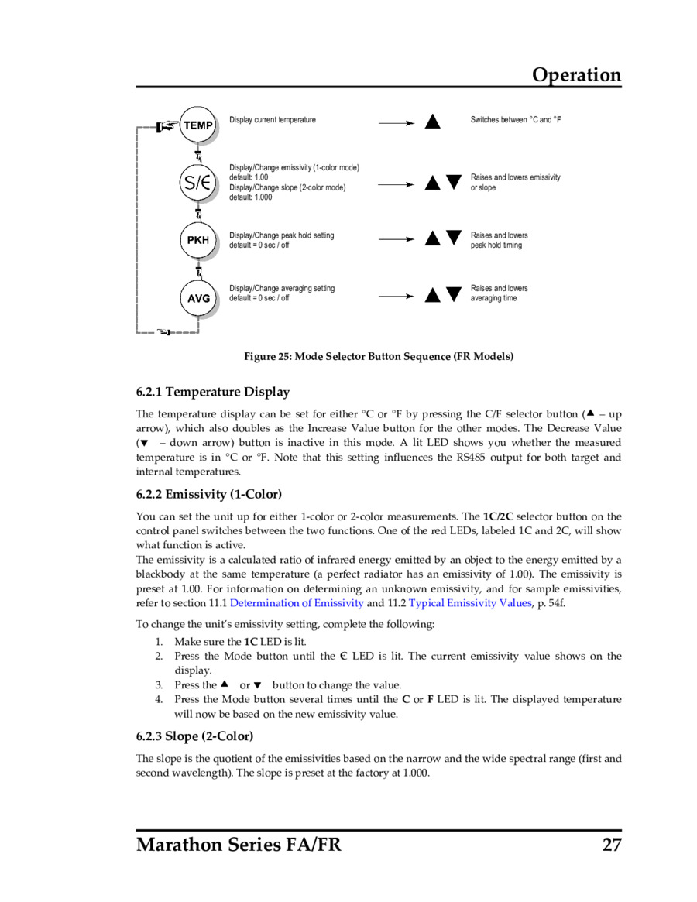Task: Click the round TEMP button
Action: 198,125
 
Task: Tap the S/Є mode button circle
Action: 197,183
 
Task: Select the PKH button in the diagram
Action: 198,240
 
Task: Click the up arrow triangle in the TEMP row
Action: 433,122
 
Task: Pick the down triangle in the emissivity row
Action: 454,183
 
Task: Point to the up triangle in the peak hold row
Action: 433,238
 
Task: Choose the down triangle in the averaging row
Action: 454,294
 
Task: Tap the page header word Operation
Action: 576,75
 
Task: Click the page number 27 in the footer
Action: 612,844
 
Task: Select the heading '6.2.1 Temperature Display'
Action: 213,392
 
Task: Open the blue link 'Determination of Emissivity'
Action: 297,603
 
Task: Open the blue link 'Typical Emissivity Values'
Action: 470,603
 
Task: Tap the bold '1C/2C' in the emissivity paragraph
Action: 498,516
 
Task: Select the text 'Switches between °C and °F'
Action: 516,120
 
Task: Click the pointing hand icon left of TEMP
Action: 166,125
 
